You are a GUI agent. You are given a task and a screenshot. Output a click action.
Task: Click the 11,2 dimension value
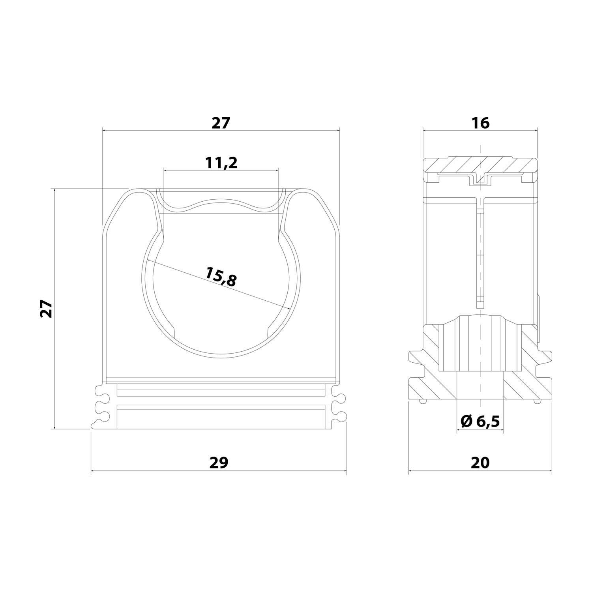pyautogui.click(x=221, y=162)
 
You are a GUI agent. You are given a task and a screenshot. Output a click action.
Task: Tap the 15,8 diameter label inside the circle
pyautogui.click(x=221, y=276)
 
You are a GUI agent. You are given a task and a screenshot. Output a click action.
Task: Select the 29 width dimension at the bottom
pyautogui.click(x=219, y=463)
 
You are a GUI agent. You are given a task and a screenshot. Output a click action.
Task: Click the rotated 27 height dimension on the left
pyautogui.click(x=47, y=308)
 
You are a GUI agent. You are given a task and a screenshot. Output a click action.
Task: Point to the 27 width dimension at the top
pyautogui.click(x=220, y=123)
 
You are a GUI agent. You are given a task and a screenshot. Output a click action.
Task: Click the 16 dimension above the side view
pyautogui.click(x=480, y=123)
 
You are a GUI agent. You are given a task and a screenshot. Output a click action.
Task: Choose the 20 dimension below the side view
pyautogui.click(x=480, y=463)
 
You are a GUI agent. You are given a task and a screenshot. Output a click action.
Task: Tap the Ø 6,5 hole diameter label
pyautogui.click(x=480, y=422)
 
